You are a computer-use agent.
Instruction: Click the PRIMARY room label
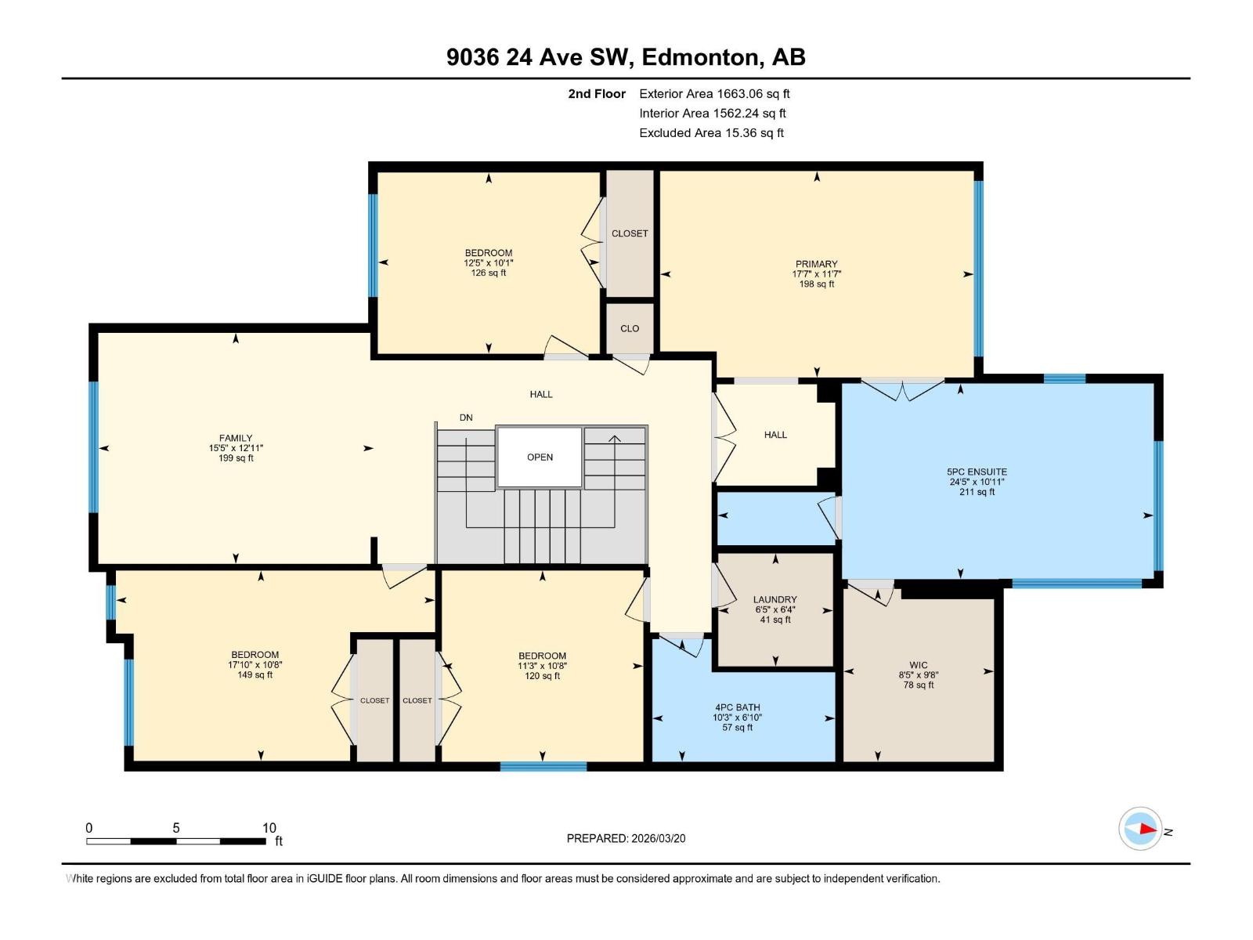[x=816, y=264]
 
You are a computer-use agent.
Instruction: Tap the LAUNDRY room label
[x=775, y=599]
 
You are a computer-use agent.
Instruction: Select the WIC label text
[x=918, y=665]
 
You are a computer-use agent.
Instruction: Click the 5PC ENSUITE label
[x=977, y=472]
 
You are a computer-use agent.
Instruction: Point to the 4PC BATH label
[x=736, y=707]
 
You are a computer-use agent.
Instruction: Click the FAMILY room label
[x=236, y=439]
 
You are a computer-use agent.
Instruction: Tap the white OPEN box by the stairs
[x=540, y=457]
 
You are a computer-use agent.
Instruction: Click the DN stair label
[x=466, y=418]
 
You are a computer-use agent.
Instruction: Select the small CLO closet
[x=630, y=328]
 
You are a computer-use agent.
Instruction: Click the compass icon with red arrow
[x=1140, y=829]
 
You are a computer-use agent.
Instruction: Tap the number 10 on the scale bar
[x=269, y=828]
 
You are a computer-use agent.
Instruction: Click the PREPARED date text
[x=626, y=838]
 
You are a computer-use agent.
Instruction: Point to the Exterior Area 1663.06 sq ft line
[x=714, y=94]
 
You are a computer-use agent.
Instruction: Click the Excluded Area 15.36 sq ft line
[x=711, y=133]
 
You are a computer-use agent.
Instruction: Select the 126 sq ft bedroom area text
[x=488, y=273]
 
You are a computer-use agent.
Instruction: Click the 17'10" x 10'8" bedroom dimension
[x=255, y=665]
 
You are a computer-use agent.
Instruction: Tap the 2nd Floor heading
[x=597, y=94]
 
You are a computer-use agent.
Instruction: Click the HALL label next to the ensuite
[x=775, y=435]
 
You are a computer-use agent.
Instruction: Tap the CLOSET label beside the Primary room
[x=630, y=233]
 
